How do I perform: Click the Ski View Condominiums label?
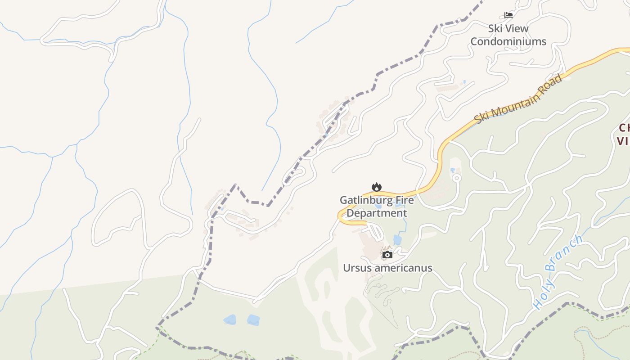[x=508, y=35]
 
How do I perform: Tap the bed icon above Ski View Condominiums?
[x=508, y=15]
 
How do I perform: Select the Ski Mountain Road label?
[x=518, y=99]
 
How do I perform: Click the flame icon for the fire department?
[x=376, y=187]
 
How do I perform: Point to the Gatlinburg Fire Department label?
[x=377, y=207]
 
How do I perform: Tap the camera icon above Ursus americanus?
[x=387, y=255]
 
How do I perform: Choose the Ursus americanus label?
[x=387, y=268]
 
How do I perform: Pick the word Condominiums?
[x=508, y=42]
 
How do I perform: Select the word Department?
[x=377, y=213]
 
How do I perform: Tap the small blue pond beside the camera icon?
[x=397, y=239]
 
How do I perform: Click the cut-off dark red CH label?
[x=625, y=128]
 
